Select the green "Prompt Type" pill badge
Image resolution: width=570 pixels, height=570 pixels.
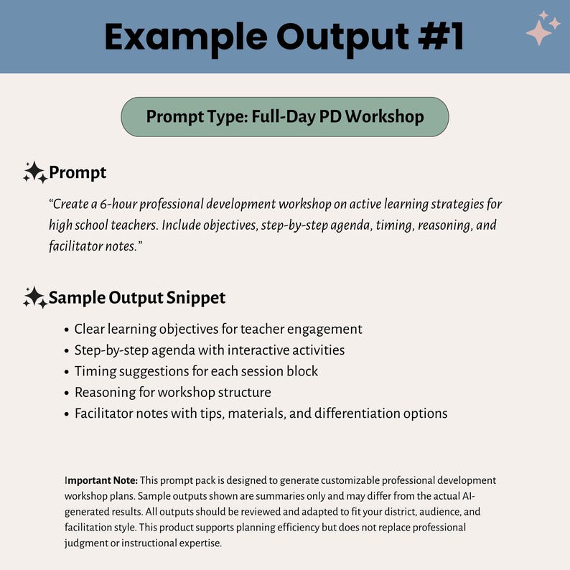(284, 116)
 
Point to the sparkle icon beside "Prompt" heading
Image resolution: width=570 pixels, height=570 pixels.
(34, 172)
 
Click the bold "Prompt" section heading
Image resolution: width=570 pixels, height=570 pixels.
(78, 173)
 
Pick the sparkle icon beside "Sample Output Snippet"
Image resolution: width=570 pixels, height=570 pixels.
(34, 297)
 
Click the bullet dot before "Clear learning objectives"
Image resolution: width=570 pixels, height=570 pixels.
(66, 330)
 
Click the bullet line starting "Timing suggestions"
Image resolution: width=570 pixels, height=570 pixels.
(196, 371)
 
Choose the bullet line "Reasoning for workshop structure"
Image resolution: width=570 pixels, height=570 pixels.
(172, 392)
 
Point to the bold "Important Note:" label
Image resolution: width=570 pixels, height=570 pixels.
(101, 480)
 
